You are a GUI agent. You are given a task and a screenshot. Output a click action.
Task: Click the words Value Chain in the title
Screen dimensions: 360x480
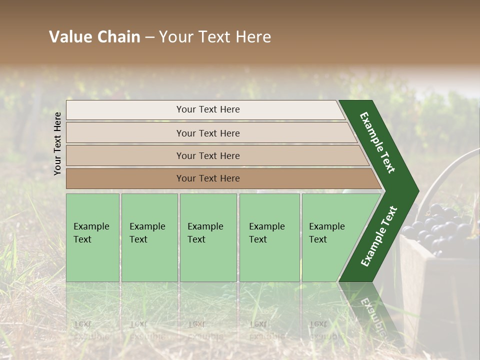click(x=94, y=37)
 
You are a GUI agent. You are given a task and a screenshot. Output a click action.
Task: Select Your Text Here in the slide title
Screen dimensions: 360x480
click(x=215, y=37)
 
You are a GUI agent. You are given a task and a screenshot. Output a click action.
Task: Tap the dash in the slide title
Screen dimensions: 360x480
click(x=149, y=37)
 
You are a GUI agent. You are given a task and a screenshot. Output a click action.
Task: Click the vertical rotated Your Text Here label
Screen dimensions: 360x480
click(x=57, y=143)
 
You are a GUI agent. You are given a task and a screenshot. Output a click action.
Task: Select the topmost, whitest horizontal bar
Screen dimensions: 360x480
click(x=207, y=109)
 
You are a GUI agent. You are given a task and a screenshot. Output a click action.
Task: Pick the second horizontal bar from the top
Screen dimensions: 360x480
click(x=207, y=133)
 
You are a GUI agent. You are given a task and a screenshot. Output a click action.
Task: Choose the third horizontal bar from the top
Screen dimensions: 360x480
click(x=207, y=155)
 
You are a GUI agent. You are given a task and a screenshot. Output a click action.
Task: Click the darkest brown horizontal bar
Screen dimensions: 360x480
click(x=207, y=178)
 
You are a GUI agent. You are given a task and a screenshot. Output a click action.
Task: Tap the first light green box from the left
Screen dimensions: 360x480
click(x=92, y=237)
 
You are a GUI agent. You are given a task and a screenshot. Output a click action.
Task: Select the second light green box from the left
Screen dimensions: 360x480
click(x=149, y=237)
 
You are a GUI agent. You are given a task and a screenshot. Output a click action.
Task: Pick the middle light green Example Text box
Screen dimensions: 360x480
click(x=208, y=237)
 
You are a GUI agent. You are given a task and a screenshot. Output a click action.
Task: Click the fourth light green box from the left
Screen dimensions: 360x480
click(x=269, y=237)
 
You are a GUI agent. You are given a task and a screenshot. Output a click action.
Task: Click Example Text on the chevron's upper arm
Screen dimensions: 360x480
click(x=377, y=142)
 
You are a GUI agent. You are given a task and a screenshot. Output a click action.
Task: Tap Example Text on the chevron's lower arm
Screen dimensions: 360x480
click(x=379, y=236)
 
